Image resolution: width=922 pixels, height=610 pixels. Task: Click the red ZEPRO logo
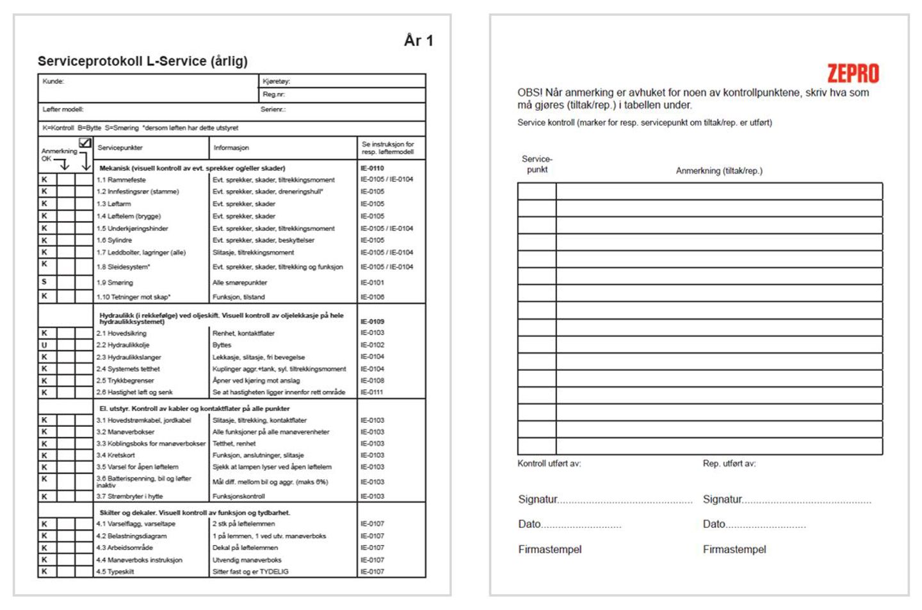coord(853,74)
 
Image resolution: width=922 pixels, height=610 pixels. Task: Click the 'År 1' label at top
coord(419,41)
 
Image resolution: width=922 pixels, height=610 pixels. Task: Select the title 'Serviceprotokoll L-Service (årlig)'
coord(143,62)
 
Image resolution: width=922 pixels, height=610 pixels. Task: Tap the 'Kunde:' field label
coord(53,81)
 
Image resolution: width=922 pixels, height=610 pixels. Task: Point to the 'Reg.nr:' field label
coord(273,94)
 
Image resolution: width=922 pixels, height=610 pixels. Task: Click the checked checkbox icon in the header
coord(85,143)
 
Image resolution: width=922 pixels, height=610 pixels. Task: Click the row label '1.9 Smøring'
coord(115,283)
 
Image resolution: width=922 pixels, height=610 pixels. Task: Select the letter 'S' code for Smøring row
coord(44,282)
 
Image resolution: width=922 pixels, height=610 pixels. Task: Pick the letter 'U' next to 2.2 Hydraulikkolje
coord(44,345)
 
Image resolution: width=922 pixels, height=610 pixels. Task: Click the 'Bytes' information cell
coord(222,345)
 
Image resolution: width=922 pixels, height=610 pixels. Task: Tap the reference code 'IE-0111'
coord(371,392)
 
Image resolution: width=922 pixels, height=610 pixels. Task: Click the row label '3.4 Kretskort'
coord(115,456)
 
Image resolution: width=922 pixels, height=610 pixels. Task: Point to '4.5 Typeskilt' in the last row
coord(115,572)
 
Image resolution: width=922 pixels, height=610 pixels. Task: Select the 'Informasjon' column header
coord(231,148)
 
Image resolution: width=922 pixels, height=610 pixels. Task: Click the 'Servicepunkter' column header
coord(120,148)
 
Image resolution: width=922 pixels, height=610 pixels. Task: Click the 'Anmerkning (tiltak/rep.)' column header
coord(719,171)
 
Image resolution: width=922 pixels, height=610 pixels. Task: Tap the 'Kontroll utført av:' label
coord(549,463)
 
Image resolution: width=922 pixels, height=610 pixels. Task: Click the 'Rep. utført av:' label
coord(729,463)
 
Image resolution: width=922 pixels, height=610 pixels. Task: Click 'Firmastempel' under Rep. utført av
coord(734,550)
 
